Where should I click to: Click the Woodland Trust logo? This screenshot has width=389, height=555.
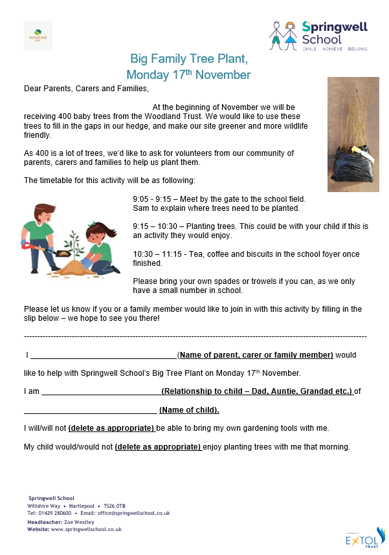(x=38, y=35)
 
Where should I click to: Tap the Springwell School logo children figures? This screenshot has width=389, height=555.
(x=284, y=35)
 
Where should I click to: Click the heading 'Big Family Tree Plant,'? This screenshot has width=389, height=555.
(x=189, y=59)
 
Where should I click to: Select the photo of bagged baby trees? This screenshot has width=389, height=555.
(x=352, y=135)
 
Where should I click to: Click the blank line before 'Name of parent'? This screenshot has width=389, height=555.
(x=104, y=355)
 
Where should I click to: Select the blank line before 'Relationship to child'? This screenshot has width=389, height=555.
(x=102, y=391)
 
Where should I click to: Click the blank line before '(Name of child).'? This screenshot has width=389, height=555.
(x=90, y=409)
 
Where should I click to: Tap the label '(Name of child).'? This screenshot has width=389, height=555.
(x=189, y=409)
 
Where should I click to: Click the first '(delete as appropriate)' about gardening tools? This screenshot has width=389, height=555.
(x=111, y=428)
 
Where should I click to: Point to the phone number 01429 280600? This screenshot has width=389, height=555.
(x=53, y=513)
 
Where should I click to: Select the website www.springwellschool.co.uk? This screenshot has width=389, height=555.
(x=87, y=529)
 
